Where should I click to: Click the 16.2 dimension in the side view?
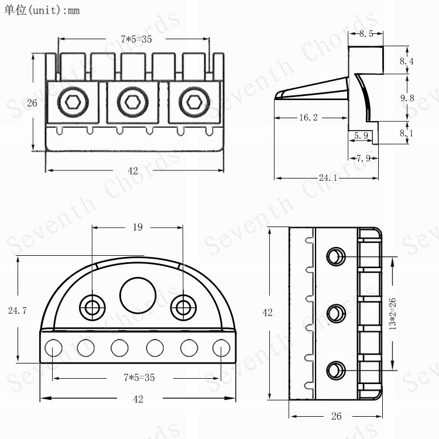pyautogui.click(x=308, y=118)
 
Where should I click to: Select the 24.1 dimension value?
pyautogui.click(x=328, y=178)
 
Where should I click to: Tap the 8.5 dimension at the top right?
pyautogui.click(x=366, y=34)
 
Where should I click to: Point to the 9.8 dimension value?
pyautogui.click(x=407, y=98)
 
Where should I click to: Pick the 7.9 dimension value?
pyautogui.click(x=363, y=157)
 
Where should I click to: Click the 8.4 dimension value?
pyautogui.click(x=407, y=61)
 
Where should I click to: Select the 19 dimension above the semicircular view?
pyautogui.click(x=138, y=227)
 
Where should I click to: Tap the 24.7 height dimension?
pyautogui.click(x=17, y=311)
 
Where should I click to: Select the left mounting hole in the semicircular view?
pyautogui.click(x=92, y=305)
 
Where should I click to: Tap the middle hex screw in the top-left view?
pyautogui.click(x=129, y=102)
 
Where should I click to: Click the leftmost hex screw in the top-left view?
pyautogui.click(x=73, y=102)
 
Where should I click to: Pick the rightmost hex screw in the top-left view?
pyautogui.click(x=191, y=102)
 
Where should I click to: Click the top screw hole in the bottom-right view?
pyautogui.click(x=335, y=256)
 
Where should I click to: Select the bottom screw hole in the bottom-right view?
pyautogui.click(x=335, y=370)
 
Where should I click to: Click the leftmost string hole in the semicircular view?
pyautogui.click(x=53, y=348)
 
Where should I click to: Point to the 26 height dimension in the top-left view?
pyautogui.click(x=32, y=103)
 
